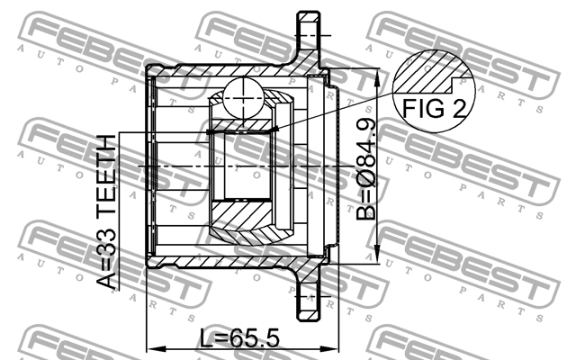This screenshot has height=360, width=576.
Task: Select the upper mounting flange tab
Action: click(309, 36)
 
